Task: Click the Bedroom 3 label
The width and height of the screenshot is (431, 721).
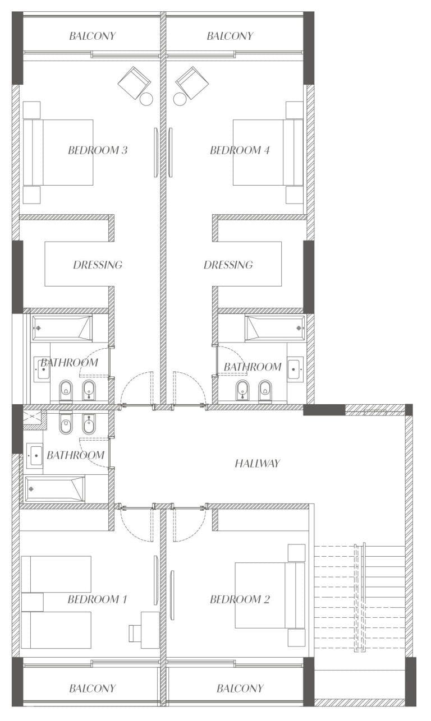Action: [x=98, y=150]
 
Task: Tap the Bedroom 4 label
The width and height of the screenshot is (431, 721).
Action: [x=240, y=150]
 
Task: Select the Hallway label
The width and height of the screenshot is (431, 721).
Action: [x=258, y=463]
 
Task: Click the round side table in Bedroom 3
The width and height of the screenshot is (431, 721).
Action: [x=146, y=99]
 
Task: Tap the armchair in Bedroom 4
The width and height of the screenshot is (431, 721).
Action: [x=192, y=83]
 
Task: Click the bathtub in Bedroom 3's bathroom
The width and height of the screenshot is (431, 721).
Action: [x=62, y=328]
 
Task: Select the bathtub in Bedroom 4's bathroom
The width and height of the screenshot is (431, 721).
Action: [x=275, y=328]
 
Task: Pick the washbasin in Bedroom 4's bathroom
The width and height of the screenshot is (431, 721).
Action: [x=295, y=369]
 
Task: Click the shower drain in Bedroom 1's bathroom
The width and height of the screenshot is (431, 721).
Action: [x=32, y=417]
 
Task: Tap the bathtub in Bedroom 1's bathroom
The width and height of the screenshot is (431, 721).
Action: [x=55, y=489]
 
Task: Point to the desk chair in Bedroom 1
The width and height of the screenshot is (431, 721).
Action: [x=135, y=633]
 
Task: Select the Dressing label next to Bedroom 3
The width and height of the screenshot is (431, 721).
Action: [x=98, y=265]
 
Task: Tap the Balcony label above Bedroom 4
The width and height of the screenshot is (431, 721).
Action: [x=230, y=36]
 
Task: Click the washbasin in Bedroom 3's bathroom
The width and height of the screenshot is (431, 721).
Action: [x=42, y=369]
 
